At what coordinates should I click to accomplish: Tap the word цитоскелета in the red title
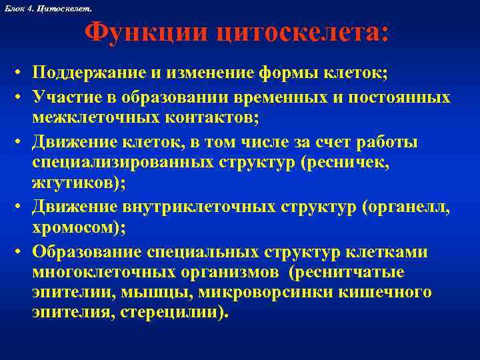point(297,33)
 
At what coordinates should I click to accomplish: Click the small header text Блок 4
point(18,7)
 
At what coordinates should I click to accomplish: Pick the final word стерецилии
point(179,313)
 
